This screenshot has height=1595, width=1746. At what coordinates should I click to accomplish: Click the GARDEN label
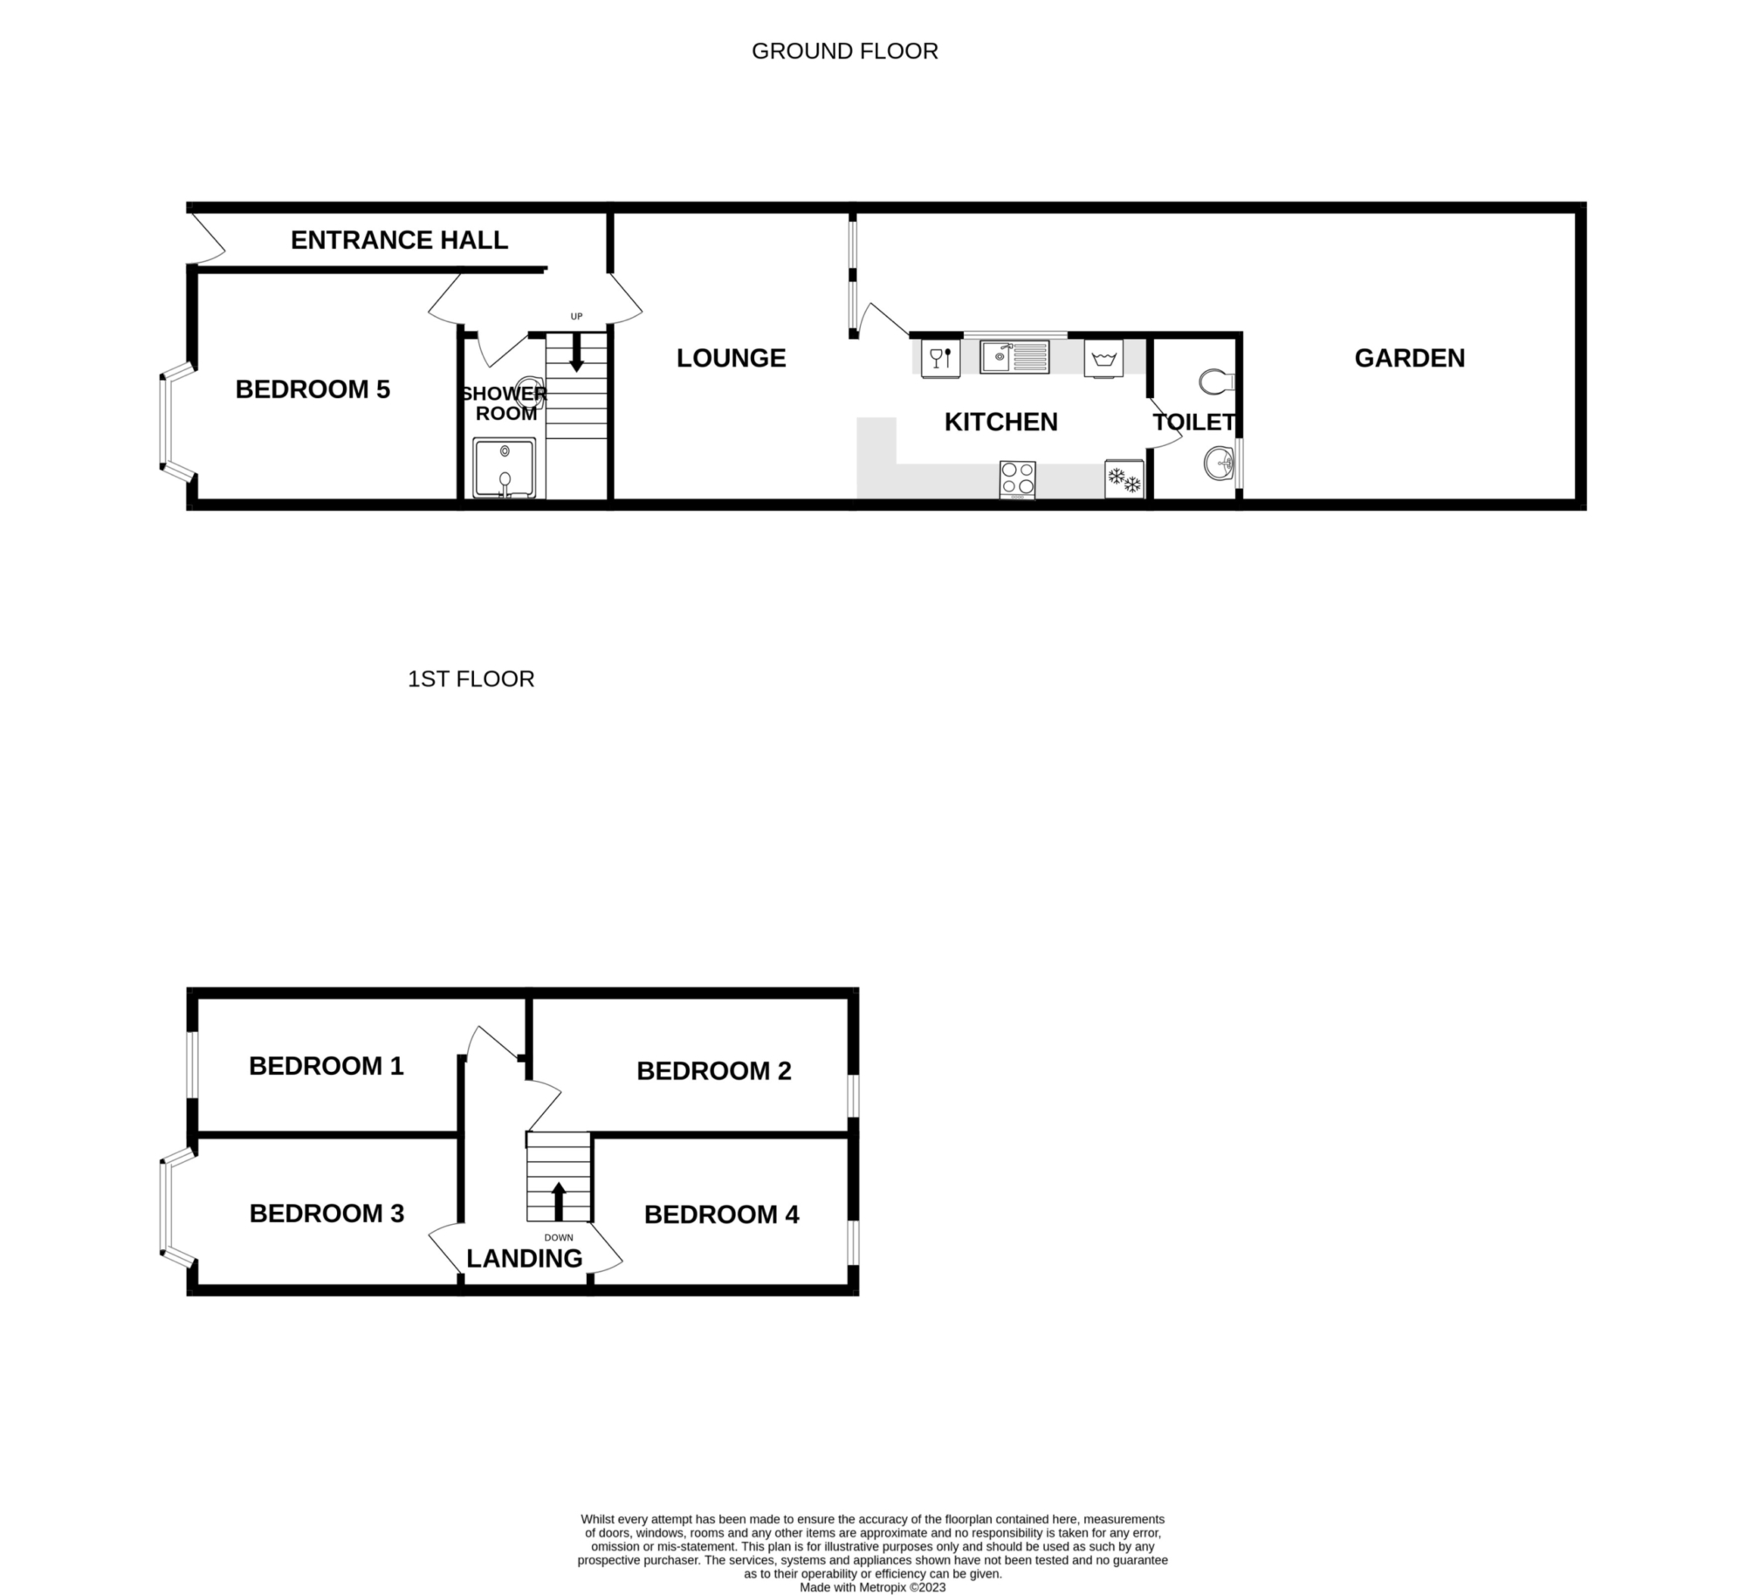point(1409,358)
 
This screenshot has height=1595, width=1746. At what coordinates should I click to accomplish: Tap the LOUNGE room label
point(731,358)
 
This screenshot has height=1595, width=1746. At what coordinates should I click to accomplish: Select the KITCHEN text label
point(1000,422)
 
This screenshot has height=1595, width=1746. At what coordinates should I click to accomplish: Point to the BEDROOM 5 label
point(313,389)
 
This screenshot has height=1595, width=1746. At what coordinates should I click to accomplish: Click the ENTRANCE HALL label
point(399,240)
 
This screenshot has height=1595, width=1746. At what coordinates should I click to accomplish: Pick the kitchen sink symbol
point(1014,357)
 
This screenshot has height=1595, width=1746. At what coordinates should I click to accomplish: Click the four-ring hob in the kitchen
point(1018,479)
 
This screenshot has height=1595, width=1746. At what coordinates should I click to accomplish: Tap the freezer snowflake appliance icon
point(1124,478)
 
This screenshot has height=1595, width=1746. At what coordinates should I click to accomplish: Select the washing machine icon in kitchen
point(1103,359)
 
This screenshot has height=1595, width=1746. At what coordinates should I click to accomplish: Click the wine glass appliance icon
point(941,359)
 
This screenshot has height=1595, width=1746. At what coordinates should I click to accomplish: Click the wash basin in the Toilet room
point(1219,463)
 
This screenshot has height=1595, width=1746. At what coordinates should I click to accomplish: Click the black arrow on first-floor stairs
point(559,1200)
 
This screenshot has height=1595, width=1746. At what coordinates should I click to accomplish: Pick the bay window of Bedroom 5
point(177,423)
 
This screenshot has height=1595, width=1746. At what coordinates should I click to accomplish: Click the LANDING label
point(524,1258)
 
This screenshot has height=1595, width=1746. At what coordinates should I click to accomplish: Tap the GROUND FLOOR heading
point(845,52)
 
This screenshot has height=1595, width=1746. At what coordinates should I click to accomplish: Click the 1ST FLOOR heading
point(471,679)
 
